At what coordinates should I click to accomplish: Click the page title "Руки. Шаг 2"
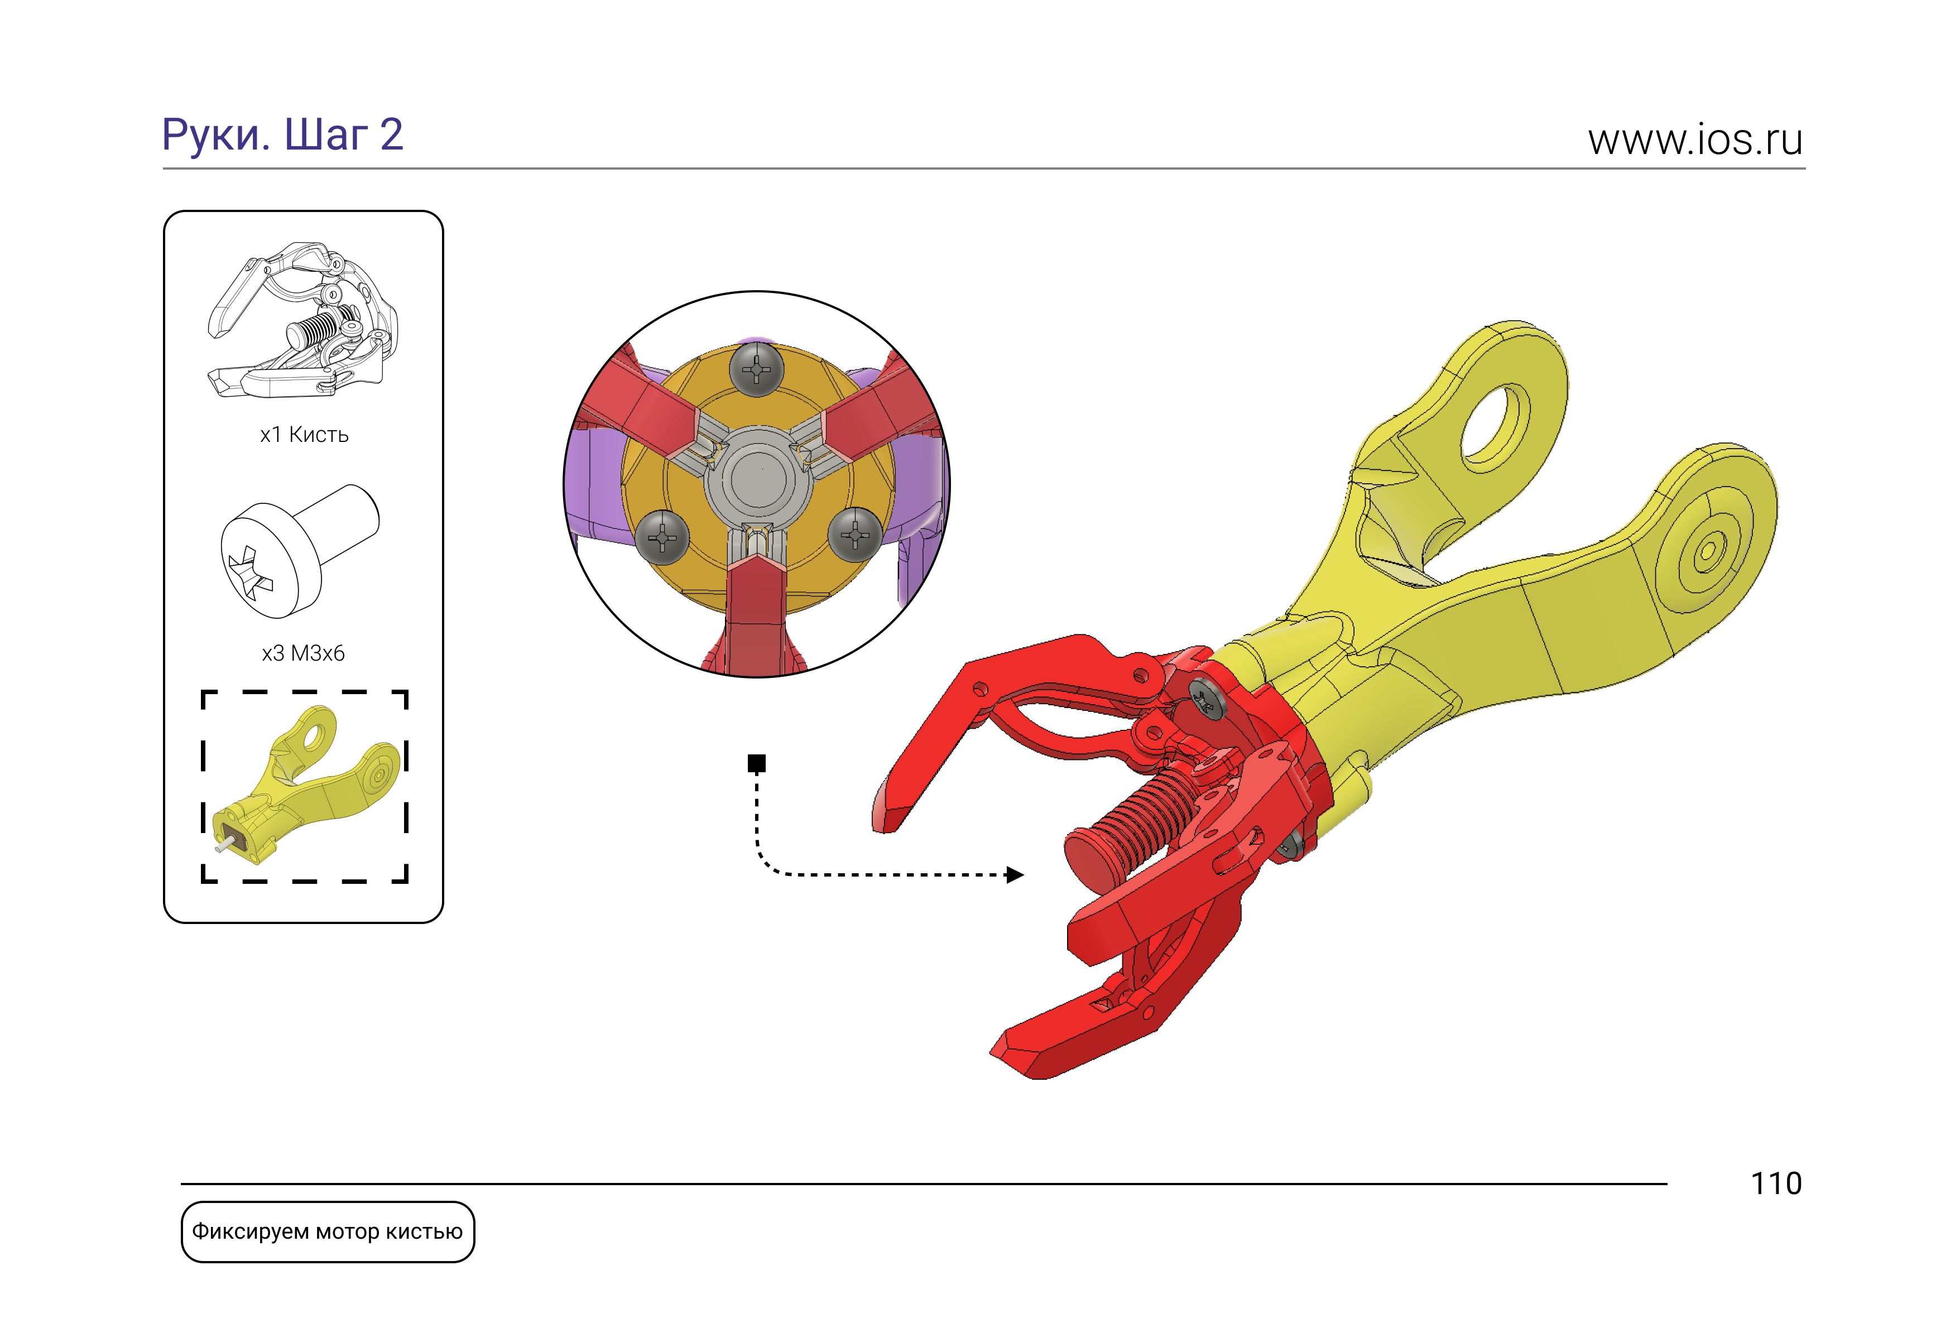click(x=282, y=135)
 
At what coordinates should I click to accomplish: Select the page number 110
click(x=1776, y=1184)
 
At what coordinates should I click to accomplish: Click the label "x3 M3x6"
click(x=304, y=653)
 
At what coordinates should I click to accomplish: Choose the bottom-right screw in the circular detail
click(x=855, y=535)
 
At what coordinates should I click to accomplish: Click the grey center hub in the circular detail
click(x=758, y=478)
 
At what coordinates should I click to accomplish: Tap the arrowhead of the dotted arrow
click(x=1015, y=874)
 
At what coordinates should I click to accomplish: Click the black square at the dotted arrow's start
click(x=757, y=763)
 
